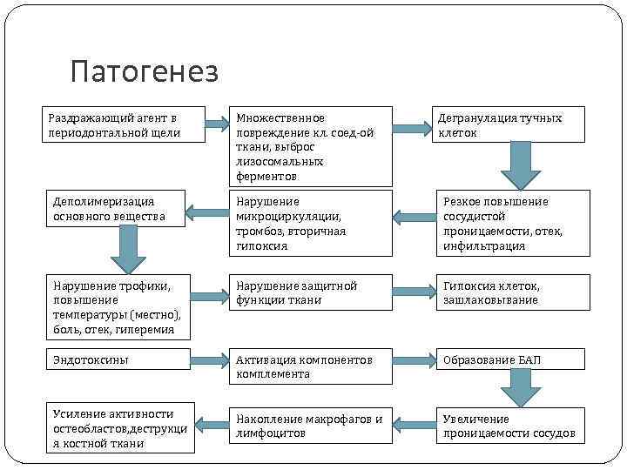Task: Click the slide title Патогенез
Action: coord(145,72)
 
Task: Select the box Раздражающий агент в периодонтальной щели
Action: coord(123,124)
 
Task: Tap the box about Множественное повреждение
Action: coord(309,147)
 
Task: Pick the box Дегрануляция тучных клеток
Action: coord(509,124)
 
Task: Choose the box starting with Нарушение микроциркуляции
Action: coord(309,223)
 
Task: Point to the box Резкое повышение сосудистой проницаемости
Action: coord(512,223)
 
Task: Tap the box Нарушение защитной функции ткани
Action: coord(309,292)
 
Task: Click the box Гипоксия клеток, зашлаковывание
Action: coord(512,292)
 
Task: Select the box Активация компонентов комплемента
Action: coord(309,366)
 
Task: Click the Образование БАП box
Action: coord(512,359)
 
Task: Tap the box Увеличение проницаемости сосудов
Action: coord(512,426)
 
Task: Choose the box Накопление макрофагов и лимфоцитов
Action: coord(309,426)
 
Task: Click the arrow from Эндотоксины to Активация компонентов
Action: coord(209,359)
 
